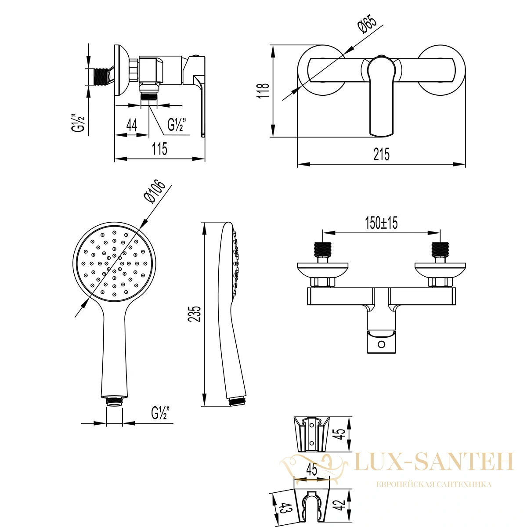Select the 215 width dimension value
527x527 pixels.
pos(382,155)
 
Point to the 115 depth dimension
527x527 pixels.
pos(160,149)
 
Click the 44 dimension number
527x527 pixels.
pos(132,126)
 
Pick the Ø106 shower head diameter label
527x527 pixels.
pos(154,191)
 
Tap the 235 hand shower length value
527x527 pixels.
pos(195,314)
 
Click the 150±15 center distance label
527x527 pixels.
pos(381,223)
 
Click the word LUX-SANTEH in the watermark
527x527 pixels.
pos(434,462)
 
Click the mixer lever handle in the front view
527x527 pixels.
pos(382,95)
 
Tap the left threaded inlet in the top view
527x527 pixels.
pos(323,250)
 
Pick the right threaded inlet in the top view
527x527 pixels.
pos(440,250)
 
